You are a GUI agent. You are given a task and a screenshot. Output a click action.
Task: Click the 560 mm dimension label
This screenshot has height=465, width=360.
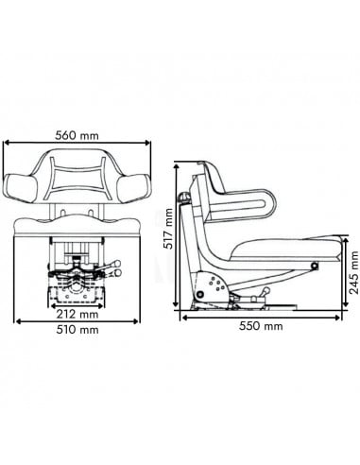[x=77, y=134]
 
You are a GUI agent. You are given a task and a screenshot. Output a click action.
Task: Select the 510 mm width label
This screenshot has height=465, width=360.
[x=77, y=331]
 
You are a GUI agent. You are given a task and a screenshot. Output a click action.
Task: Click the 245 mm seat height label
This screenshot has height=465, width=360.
[x=353, y=271]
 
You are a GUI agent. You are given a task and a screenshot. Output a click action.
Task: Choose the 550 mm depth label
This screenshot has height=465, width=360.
[x=261, y=327]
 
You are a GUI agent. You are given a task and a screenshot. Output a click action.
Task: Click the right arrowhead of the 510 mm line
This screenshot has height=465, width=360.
[x=146, y=321]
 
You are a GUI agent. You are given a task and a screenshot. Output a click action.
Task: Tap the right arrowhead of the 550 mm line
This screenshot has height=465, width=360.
[x=338, y=315]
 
